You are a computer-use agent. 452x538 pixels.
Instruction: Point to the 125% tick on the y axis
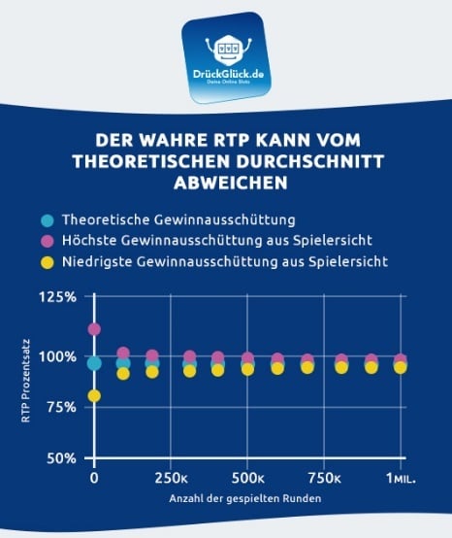[x=58, y=297]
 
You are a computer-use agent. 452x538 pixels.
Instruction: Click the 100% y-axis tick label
[x=58, y=356]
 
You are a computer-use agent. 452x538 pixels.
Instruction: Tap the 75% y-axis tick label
[x=61, y=407]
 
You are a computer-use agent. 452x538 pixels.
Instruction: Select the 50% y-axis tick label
[x=61, y=457]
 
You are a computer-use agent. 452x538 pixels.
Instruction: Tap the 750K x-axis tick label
[x=325, y=479]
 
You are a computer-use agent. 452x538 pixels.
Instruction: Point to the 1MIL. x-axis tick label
[x=400, y=479]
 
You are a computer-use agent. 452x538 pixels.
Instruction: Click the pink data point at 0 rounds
[x=94, y=329]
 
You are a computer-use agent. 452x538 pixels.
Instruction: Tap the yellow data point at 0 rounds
[x=94, y=395]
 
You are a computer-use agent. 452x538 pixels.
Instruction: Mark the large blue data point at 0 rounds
[x=94, y=363]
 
